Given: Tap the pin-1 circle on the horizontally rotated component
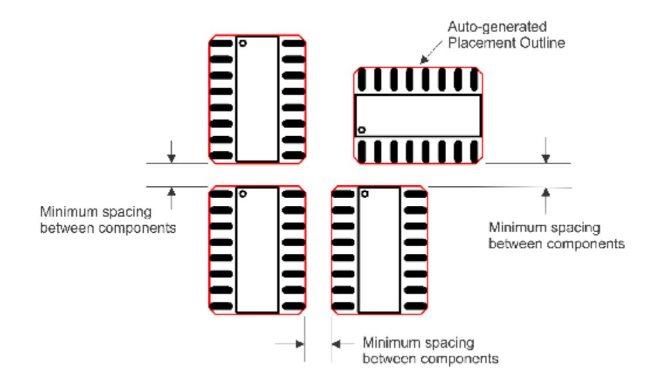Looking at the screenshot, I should [362, 129].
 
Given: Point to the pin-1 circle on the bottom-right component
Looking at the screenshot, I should [366, 193].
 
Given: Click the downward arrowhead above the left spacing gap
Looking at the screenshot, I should [171, 157].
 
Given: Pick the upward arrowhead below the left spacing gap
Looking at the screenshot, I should [171, 191].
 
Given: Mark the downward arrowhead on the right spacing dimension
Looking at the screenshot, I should [545, 157].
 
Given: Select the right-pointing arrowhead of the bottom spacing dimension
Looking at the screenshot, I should [300, 344].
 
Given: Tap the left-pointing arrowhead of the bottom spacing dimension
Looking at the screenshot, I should [336, 344].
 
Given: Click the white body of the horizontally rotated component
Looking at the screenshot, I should [418, 116].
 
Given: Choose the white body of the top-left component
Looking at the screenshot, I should [257, 99].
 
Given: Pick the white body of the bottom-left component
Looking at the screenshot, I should [257, 251].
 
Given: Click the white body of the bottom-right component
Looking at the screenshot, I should [379, 251].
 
